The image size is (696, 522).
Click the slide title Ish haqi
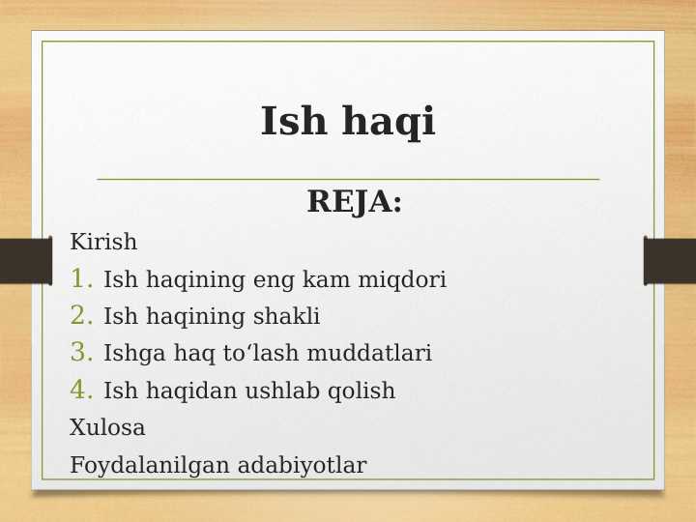[348, 123]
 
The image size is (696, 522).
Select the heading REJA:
[354, 202]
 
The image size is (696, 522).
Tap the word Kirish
[103, 243]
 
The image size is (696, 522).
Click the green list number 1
[81, 279]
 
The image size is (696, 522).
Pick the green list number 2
[81, 316]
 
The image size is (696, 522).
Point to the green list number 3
[81, 353]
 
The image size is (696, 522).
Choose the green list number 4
[81, 391]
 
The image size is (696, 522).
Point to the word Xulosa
[107, 428]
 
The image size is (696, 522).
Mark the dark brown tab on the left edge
[25, 261]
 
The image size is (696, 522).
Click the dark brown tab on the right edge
[670, 261]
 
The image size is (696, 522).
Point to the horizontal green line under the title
[348, 179]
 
